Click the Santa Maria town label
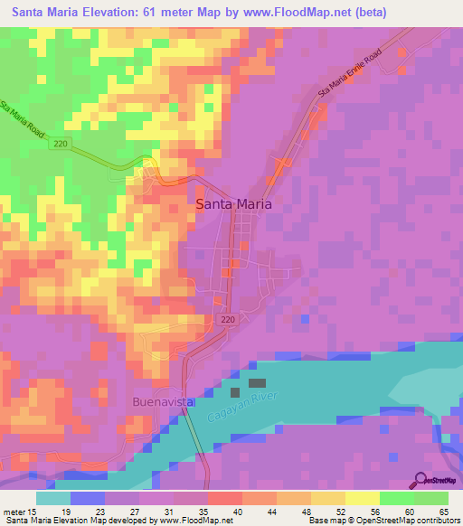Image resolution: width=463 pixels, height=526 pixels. tap(233, 204)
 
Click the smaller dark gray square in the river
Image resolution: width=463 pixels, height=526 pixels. tap(236, 393)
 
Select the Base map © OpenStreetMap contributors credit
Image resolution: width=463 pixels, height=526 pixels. tap(383, 521)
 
